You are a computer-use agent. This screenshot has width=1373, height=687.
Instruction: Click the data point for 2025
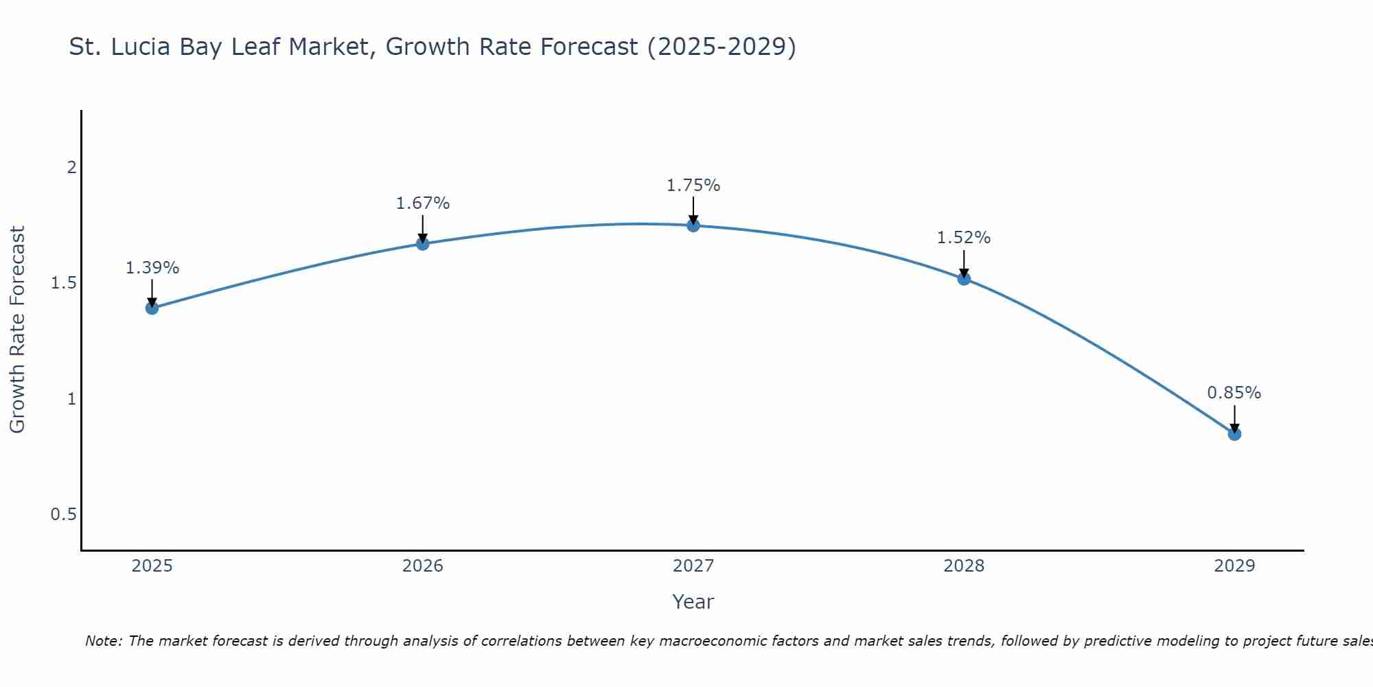pyautogui.click(x=152, y=308)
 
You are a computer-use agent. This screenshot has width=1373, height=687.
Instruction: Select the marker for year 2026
pyautogui.click(x=422, y=243)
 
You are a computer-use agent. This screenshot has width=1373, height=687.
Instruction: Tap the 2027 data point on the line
pyautogui.click(x=693, y=225)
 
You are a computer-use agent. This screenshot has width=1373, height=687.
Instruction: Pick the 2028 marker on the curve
pyautogui.click(x=963, y=278)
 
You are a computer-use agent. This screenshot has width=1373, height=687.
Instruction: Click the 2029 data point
pyautogui.click(x=1234, y=433)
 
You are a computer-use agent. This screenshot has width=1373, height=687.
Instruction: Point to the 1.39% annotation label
pyautogui.click(x=152, y=268)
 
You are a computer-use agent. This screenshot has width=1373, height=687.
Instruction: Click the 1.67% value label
pyautogui.click(x=422, y=203)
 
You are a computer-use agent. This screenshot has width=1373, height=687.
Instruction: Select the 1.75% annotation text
pyautogui.click(x=693, y=185)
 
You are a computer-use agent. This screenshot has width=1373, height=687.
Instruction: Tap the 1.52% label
pyautogui.click(x=963, y=238)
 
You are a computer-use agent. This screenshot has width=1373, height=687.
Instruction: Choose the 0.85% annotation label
pyautogui.click(x=1234, y=393)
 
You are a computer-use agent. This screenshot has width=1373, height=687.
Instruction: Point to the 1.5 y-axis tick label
pyautogui.click(x=63, y=283)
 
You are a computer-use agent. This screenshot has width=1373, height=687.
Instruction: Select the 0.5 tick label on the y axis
pyautogui.click(x=63, y=515)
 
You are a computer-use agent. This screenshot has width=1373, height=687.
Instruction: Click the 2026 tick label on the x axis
pyautogui.click(x=422, y=566)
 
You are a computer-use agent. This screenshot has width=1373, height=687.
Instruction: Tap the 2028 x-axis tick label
pyautogui.click(x=963, y=566)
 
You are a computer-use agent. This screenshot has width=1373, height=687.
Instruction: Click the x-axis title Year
pyautogui.click(x=693, y=602)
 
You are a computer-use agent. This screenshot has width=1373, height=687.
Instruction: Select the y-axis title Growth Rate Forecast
pyautogui.click(x=17, y=330)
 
